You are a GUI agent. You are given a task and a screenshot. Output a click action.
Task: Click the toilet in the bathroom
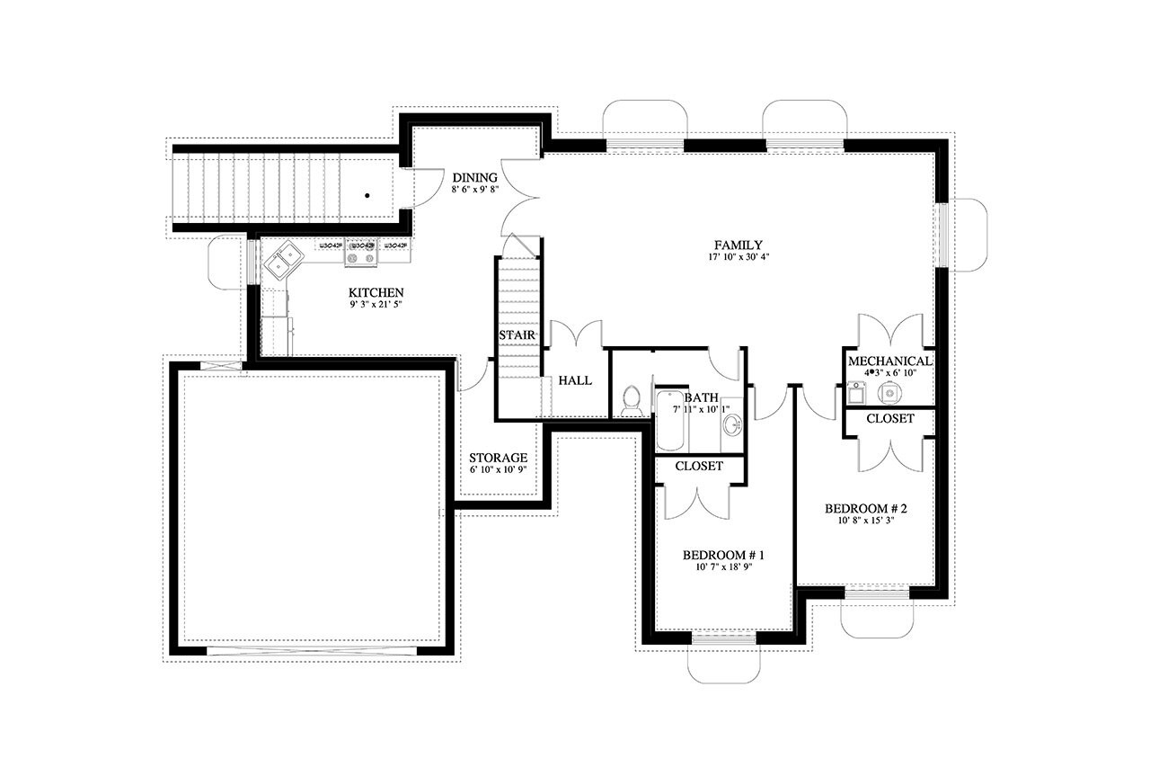click(631, 399)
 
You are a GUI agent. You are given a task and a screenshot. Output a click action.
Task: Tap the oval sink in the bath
click(732, 425)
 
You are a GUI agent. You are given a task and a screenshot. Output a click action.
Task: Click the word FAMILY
click(738, 245)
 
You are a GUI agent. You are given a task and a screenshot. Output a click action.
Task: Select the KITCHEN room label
click(376, 293)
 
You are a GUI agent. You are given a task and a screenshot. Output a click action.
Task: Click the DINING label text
click(473, 177)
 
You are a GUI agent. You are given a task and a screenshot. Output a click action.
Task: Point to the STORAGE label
click(498, 458)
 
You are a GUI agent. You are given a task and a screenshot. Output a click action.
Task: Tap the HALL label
click(575, 380)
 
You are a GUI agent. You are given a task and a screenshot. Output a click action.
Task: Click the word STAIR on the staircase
click(517, 335)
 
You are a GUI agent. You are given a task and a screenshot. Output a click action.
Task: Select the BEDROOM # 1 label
click(723, 554)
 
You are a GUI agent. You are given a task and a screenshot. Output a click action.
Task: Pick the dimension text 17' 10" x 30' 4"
click(738, 258)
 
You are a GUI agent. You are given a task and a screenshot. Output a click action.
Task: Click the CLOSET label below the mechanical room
click(889, 418)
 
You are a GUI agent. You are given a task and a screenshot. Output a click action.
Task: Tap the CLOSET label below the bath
click(699, 466)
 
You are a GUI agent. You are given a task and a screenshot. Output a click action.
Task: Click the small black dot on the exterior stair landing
click(367, 194)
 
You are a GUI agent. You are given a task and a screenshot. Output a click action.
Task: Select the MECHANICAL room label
click(889, 361)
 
